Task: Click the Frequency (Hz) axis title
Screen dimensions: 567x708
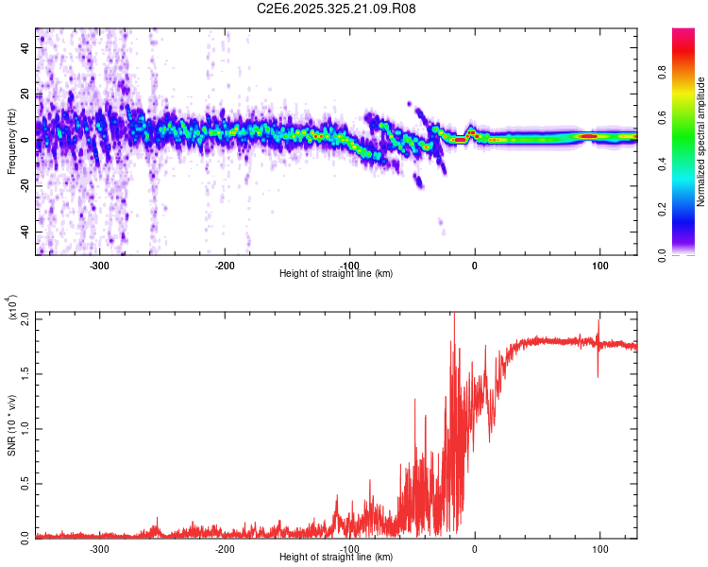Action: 12,141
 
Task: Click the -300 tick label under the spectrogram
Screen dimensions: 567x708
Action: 100,266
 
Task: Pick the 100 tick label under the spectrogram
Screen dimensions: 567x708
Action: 599,266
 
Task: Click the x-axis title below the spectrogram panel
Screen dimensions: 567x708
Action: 336,274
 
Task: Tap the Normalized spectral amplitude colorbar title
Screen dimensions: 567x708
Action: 700,142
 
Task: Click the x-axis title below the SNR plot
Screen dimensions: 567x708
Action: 336,558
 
